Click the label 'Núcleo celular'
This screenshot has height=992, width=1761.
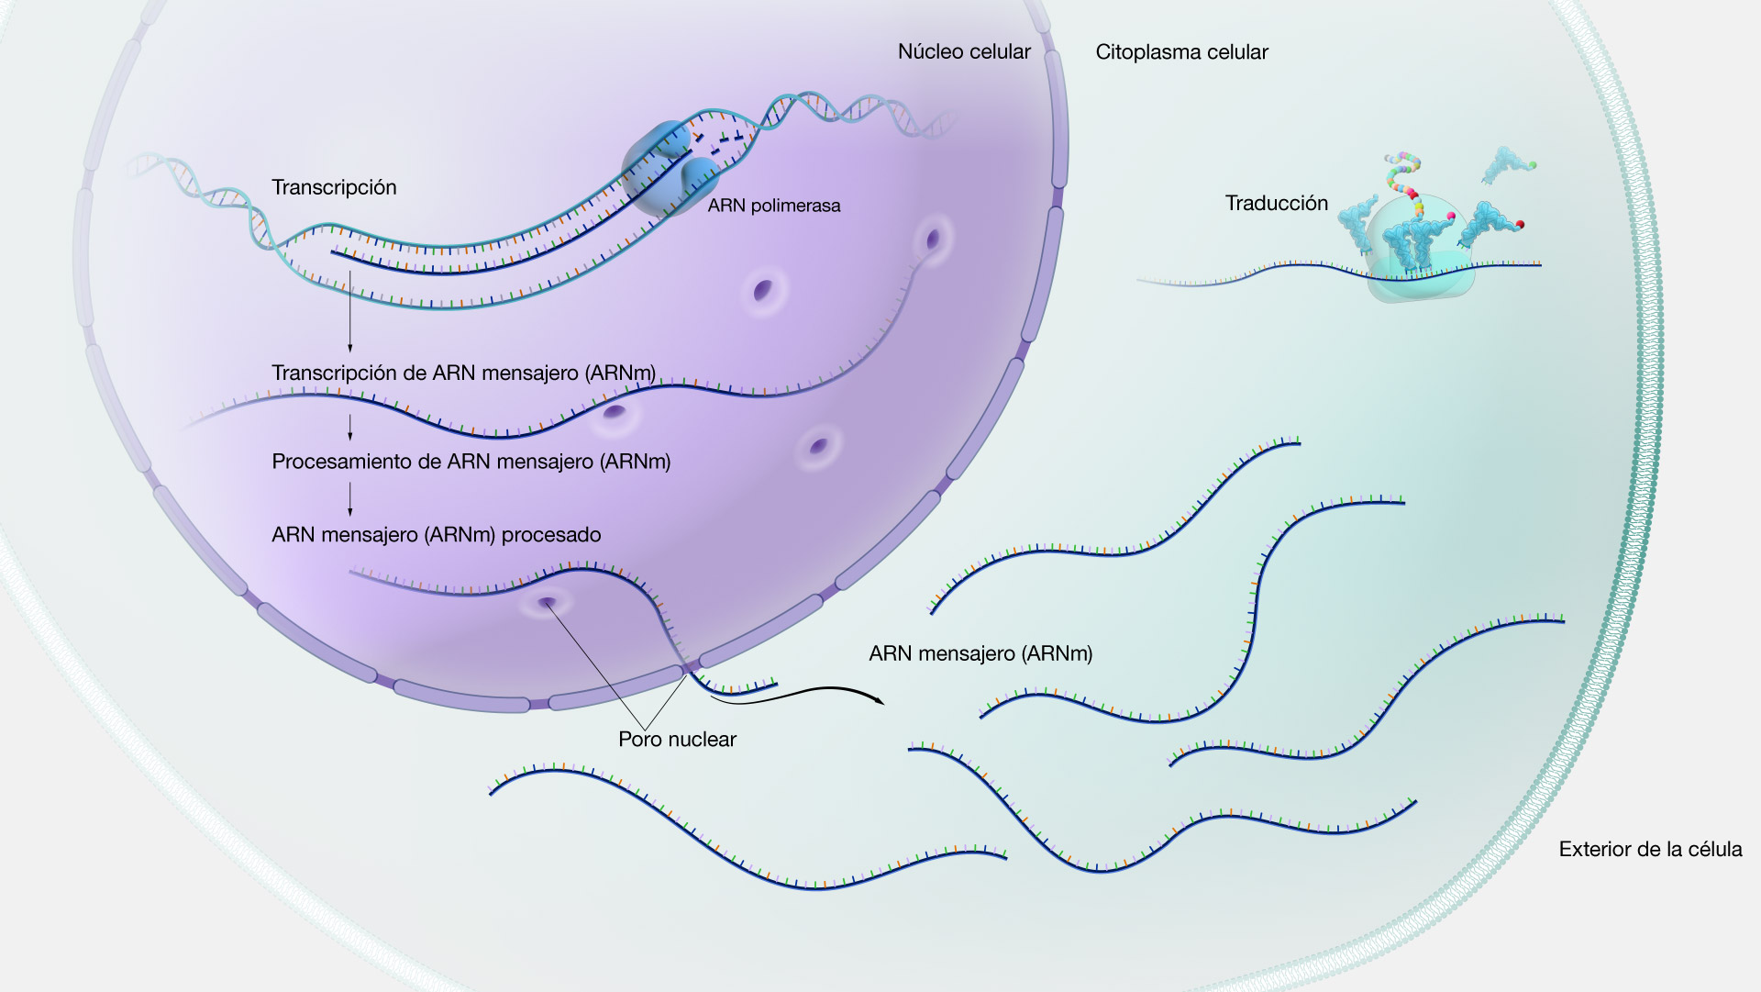point(964,52)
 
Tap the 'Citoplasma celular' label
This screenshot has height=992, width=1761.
point(1181,52)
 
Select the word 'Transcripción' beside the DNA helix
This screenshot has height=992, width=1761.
point(334,188)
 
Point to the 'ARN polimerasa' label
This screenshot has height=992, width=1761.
point(774,206)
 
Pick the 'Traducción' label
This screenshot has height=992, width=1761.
point(1277,204)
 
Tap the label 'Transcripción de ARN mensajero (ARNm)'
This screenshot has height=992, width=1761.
point(464,373)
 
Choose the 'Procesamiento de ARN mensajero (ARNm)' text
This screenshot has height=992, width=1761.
point(471,462)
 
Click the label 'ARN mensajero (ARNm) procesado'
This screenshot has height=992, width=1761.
point(437,535)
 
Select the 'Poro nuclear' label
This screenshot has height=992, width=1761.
point(677,740)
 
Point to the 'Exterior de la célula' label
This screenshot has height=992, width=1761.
point(1650,850)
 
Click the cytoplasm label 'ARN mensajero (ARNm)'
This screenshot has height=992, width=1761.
point(980,654)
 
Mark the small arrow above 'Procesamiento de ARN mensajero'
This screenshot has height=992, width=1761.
point(349,427)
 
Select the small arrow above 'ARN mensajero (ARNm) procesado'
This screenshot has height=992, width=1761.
point(349,499)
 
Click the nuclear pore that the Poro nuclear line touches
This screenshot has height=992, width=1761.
point(548,604)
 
